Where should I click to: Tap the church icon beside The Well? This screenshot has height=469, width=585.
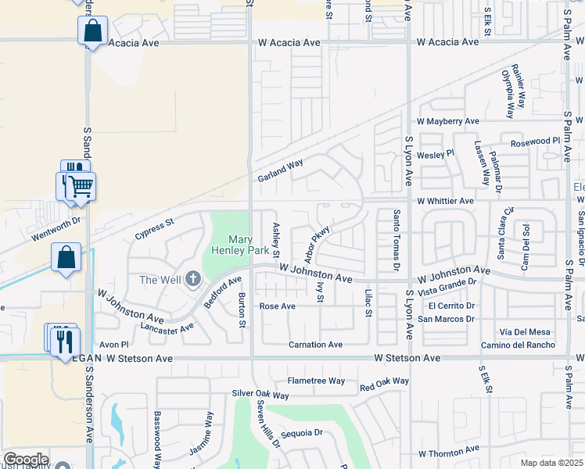(192, 280)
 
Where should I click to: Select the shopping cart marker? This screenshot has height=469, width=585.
(80, 187)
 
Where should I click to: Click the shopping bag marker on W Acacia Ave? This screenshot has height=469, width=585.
(92, 32)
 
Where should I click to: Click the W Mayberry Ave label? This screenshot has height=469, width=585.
(447, 122)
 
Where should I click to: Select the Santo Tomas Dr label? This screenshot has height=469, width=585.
(397, 240)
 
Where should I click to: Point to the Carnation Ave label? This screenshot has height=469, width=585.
(315, 345)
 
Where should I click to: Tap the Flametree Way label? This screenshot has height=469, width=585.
(316, 381)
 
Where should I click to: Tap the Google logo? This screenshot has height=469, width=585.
(25, 460)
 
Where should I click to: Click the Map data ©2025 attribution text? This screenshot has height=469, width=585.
(551, 463)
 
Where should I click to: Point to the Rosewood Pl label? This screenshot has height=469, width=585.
(536, 141)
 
